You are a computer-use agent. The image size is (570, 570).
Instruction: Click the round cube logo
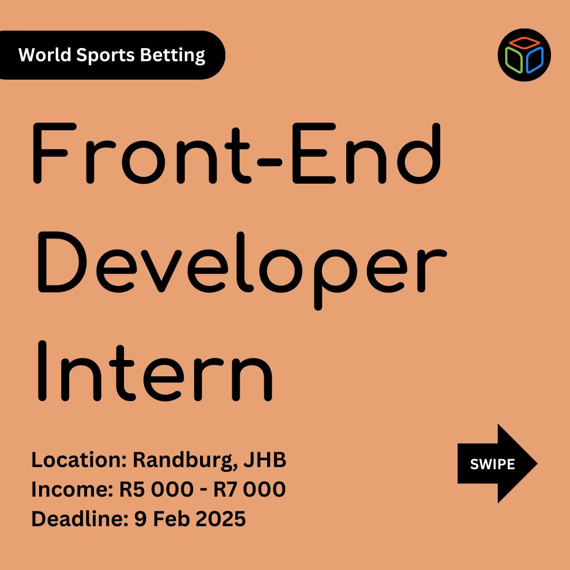click(524, 55)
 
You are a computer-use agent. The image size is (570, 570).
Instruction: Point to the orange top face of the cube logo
click(524, 43)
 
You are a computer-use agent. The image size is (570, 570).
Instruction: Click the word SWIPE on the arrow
click(492, 464)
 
